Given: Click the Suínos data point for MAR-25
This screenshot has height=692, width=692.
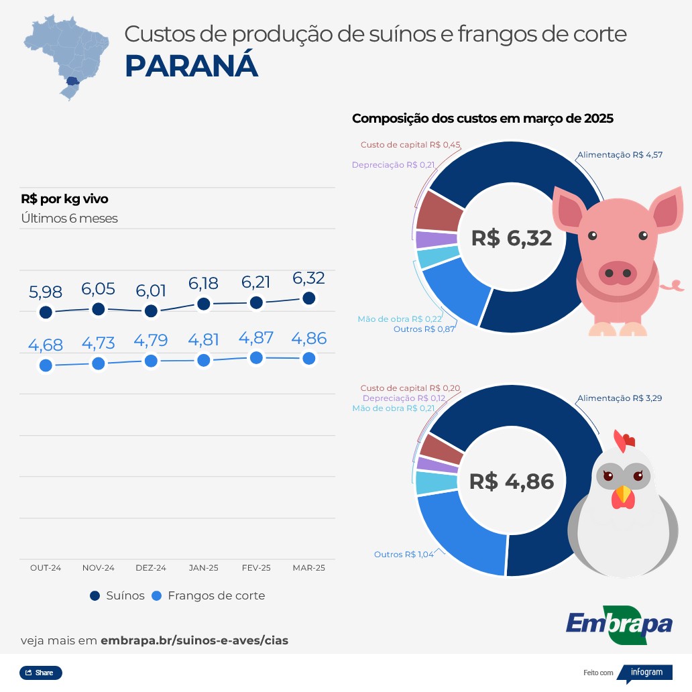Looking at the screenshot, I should [309, 298].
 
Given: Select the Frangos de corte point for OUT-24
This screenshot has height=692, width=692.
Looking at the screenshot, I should [46, 365].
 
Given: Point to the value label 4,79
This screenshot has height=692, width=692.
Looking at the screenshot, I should [151, 341].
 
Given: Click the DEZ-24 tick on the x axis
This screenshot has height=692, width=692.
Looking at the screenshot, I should [151, 568].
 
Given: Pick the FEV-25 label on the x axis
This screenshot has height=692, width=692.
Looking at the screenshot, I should [256, 568].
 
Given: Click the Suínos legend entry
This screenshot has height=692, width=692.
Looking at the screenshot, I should [117, 595].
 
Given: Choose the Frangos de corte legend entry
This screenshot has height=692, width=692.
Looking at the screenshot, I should [209, 595].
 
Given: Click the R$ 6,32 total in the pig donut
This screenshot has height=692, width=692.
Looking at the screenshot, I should [511, 238].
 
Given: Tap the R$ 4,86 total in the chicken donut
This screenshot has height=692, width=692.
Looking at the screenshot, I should [511, 481].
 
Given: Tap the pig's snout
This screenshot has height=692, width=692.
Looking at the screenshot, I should [617, 273].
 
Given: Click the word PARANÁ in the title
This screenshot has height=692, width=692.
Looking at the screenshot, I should [192, 66].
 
